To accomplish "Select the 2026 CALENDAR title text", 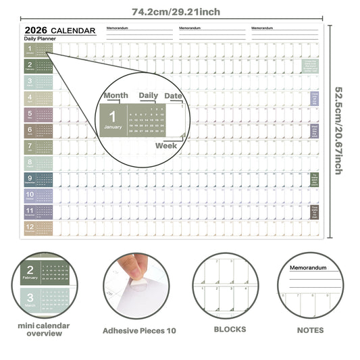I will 59,30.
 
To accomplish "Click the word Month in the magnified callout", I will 115,96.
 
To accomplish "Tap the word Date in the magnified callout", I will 174,96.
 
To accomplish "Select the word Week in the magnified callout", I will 166,145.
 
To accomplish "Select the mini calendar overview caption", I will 43,329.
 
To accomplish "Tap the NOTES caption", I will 310,330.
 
